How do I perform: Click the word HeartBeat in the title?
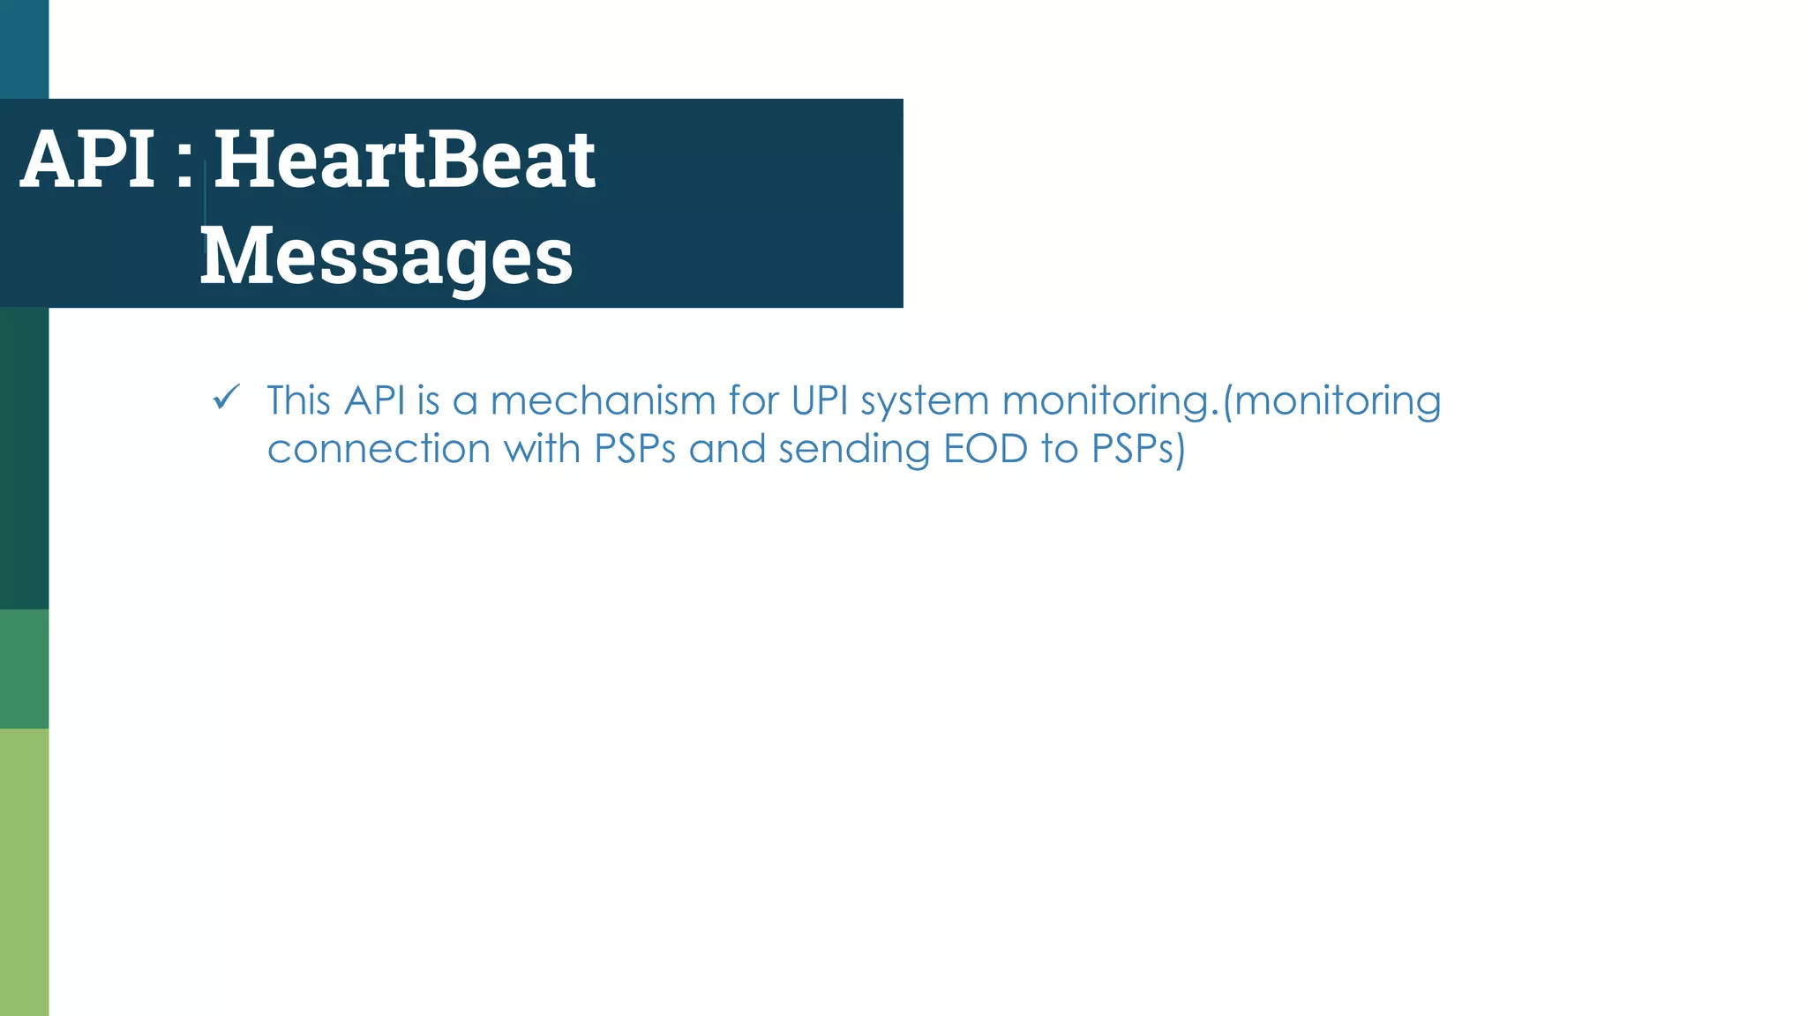tap(404, 160)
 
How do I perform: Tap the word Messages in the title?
tap(386, 256)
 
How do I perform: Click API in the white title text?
tap(88, 160)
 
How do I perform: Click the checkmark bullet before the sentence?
tap(227, 399)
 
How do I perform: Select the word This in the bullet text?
tap(298, 400)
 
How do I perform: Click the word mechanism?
tap(603, 400)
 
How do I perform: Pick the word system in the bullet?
tap(925, 402)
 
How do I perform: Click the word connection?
tap(379, 449)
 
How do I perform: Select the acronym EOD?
tap(986, 449)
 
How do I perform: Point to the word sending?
tap(854, 451)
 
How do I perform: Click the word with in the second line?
tap(542, 449)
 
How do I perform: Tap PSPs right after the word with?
tap(635, 449)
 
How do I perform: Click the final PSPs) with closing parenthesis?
tap(1138, 449)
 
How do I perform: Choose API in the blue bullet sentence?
tap(374, 400)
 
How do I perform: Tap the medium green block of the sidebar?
tap(24, 669)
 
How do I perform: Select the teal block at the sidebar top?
tap(24, 49)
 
